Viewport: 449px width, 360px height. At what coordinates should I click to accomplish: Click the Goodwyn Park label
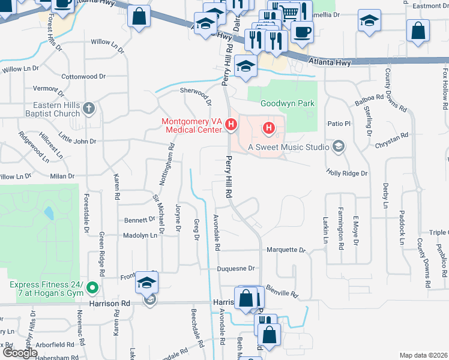point(288,103)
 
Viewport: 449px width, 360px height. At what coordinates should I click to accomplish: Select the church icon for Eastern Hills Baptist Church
point(89,109)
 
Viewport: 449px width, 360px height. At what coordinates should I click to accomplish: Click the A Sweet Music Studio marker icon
point(339,146)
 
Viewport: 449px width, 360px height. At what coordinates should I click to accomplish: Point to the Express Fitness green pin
point(92,289)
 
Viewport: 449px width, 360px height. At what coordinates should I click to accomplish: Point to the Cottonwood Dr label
point(83,77)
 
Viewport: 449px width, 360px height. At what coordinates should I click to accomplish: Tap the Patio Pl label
point(338,124)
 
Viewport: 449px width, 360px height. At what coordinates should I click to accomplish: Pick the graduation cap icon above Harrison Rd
point(146,282)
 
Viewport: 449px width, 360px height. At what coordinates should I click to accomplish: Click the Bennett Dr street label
point(139,221)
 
